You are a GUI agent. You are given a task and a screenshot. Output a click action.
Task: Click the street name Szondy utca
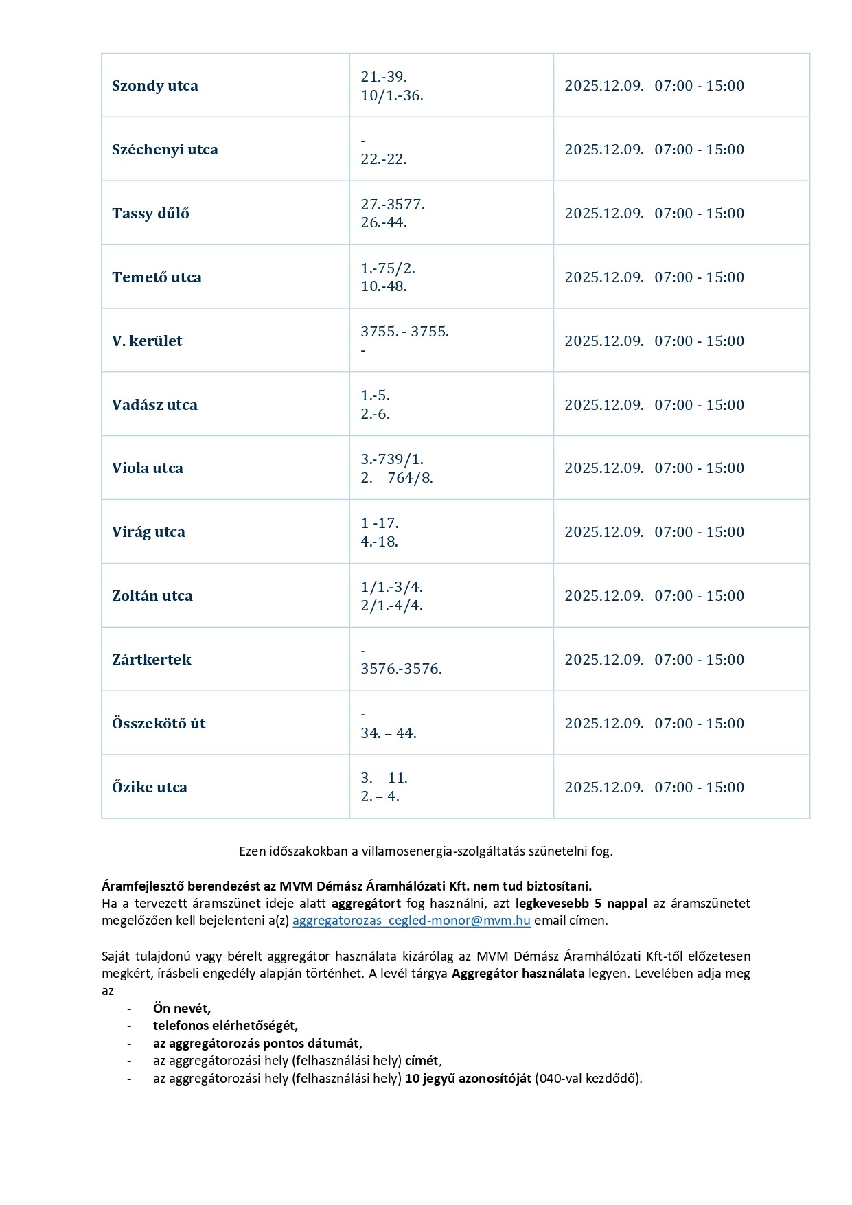pyautogui.click(x=154, y=86)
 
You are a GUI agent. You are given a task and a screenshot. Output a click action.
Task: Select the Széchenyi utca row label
pyautogui.click(x=165, y=150)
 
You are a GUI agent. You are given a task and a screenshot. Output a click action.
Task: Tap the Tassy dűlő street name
pyautogui.click(x=150, y=214)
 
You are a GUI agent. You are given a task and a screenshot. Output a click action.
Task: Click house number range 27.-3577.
pyautogui.click(x=393, y=205)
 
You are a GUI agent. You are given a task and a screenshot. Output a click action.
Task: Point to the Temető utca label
pyautogui.click(x=157, y=277)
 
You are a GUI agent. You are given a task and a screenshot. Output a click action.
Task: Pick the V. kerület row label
pyautogui.click(x=147, y=341)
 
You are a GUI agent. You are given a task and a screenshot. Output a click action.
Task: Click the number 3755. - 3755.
pyautogui.click(x=404, y=332)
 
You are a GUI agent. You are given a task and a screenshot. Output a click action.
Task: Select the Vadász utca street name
pyautogui.click(x=154, y=405)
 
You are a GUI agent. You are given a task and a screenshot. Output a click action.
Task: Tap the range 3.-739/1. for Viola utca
pyautogui.click(x=392, y=459)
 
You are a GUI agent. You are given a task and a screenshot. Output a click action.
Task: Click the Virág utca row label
pyautogui.click(x=148, y=532)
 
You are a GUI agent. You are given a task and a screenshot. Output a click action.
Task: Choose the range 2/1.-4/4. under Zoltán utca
pyautogui.click(x=391, y=606)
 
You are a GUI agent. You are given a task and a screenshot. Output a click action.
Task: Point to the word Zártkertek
pyautogui.click(x=151, y=660)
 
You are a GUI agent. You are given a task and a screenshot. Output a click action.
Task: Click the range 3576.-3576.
pyautogui.click(x=401, y=669)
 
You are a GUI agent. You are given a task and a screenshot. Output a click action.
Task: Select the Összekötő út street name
pyautogui.click(x=159, y=724)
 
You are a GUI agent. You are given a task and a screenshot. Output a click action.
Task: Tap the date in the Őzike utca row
pyautogui.click(x=603, y=788)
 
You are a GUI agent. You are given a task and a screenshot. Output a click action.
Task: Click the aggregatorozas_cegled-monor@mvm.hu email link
pyautogui.click(x=411, y=921)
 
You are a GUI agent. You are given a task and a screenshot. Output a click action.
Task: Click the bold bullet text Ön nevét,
pyautogui.click(x=182, y=1009)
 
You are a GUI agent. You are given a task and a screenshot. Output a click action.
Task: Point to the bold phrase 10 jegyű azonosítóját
pyautogui.click(x=468, y=1079)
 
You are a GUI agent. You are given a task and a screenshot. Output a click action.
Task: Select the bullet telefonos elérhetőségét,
pyautogui.click(x=225, y=1026)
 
